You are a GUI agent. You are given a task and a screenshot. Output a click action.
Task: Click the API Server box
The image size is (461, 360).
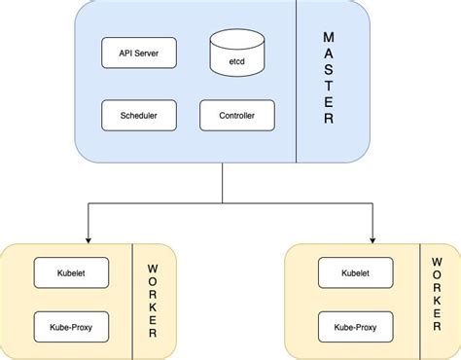(x=138, y=53)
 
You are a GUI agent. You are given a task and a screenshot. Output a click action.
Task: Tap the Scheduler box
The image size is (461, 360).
(x=138, y=115)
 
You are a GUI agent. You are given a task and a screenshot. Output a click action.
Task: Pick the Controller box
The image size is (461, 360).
(x=237, y=115)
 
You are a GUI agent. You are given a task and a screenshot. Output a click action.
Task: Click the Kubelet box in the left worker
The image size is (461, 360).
(x=71, y=272)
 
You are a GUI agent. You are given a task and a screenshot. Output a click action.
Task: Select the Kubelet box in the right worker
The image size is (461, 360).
(x=356, y=272)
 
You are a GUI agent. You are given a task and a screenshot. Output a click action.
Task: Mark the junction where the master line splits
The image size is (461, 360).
(x=223, y=203)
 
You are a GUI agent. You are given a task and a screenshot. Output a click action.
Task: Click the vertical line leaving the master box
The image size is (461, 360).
(x=223, y=183)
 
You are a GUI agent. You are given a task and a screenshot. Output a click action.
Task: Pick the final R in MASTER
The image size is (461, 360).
(x=328, y=120)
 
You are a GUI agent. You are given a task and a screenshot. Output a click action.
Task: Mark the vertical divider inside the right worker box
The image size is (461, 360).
(x=419, y=301)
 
